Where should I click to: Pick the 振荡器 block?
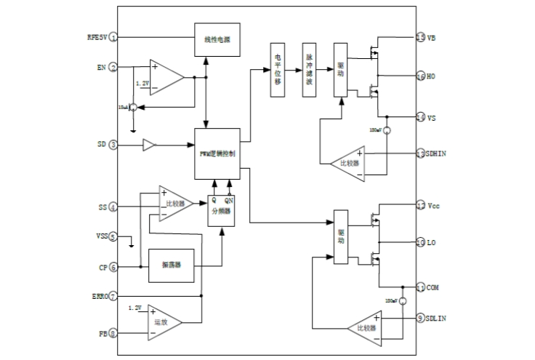point(172,268)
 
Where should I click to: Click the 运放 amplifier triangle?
point(164,321)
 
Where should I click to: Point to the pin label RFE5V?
point(96,36)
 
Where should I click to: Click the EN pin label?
point(102,67)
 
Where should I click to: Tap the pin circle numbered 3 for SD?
point(114,145)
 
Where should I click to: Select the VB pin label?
point(432,37)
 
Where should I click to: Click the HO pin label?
point(432,76)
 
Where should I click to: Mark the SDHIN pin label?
point(438,153)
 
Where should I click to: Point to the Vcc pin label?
point(433,206)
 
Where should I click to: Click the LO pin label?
point(432,241)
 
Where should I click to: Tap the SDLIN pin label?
point(438,317)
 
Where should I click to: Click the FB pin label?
point(102,334)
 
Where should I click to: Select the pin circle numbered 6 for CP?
point(114,267)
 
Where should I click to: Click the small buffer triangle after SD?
point(149,145)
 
